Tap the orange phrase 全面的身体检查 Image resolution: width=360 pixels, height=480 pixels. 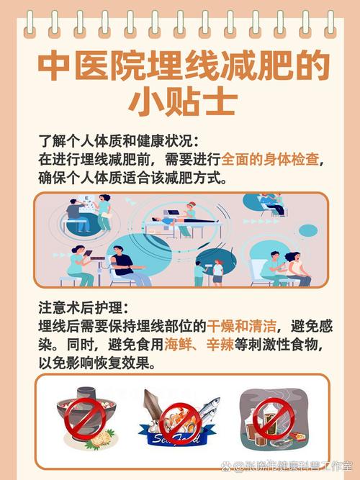click(270, 159)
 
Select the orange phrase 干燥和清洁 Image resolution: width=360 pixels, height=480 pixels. click(241, 326)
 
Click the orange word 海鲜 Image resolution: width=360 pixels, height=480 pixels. click(178, 345)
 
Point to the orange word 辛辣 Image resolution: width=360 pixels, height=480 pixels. click(220, 345)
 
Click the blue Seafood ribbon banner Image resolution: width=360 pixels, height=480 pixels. click(177, 437)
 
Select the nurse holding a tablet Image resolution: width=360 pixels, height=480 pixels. click(80, 266)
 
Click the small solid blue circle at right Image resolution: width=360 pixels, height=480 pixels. click(308, 230)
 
